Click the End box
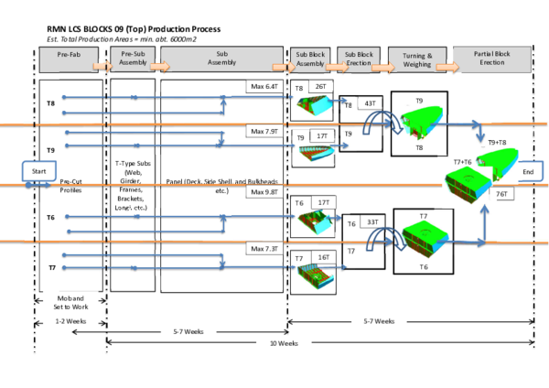527,171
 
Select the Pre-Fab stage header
70,58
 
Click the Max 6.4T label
266,87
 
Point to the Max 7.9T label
266,131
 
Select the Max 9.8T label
266,193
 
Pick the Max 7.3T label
266,249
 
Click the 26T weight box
321,86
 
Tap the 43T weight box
371,105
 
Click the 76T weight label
501,194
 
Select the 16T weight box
322,258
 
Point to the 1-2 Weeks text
70,321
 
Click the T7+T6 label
463,162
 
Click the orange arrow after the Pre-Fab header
102,66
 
